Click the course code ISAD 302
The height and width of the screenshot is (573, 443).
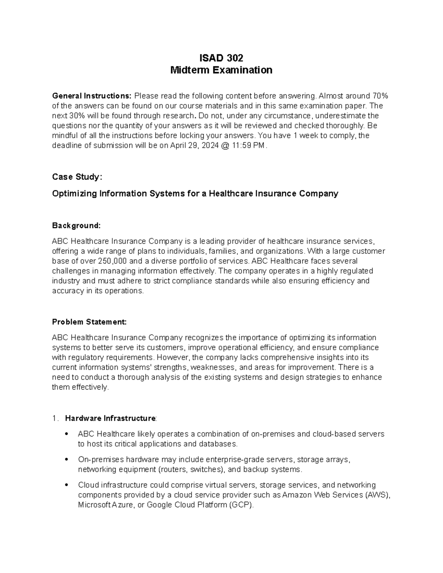click(221, 58)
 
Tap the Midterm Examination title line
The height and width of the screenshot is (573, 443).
click(221, 70)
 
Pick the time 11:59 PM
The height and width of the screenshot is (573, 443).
click(248, 145)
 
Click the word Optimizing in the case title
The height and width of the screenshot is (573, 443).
click(73, 193)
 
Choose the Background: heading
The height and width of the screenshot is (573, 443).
click(76, 225)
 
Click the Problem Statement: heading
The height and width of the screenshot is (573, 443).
click(89, 322)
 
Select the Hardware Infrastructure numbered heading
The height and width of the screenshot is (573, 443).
click(110, 418)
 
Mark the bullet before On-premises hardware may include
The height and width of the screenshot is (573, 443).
click(67, 460)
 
